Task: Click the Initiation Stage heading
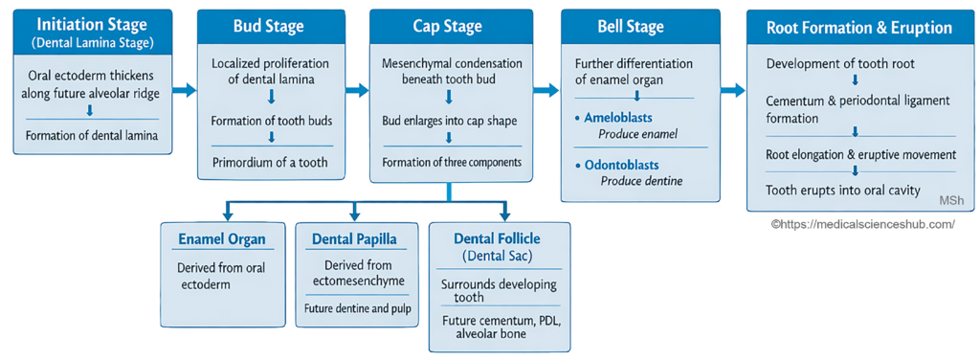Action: pos(93,26)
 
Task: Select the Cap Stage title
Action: pos(447,26)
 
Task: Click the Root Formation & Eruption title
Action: pos(858,28)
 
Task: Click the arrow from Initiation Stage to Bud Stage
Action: pos(185,91)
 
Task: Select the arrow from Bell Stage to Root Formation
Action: pos(732,91)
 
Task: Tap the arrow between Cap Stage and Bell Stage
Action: pos(546,91)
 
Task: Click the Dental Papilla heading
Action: pos(354,239)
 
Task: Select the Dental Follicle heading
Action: pos(497,238)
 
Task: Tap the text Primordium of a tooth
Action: pos(269,163)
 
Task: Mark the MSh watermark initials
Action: pos(946,200)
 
